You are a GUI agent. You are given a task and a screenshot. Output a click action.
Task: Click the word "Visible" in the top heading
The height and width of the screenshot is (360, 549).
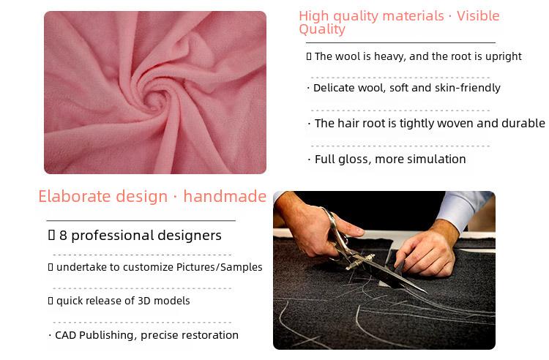(x=478, y=16)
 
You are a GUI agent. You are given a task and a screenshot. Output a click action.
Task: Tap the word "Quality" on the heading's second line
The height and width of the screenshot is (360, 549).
(x=322, y=29)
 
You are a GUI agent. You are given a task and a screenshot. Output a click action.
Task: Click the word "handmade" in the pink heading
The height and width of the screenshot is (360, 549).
(x=225, y=196)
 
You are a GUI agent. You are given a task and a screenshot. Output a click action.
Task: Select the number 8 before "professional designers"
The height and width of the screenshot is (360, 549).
(x=63, y=236)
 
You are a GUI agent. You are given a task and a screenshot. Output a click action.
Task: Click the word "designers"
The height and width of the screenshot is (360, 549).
(x=190, y=236)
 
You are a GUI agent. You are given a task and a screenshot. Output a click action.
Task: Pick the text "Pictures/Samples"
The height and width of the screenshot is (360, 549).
(x=219, y=267)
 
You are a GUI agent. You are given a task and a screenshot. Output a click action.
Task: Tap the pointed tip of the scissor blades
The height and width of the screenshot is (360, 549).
(x=426, y=292)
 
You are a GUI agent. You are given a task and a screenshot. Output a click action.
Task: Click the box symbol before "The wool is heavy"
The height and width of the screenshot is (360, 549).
(x=309, y=56)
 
